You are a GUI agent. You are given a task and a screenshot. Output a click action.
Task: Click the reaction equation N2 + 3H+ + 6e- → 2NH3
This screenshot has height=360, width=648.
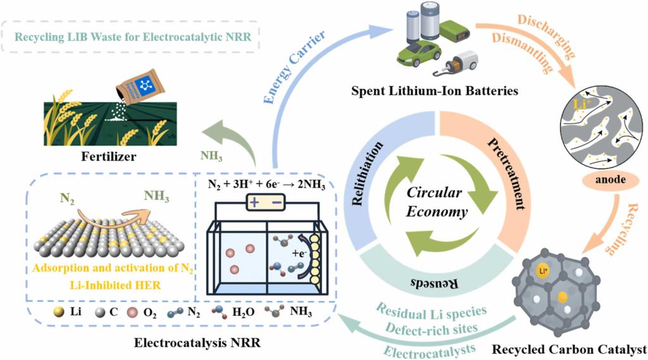(267, 184)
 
